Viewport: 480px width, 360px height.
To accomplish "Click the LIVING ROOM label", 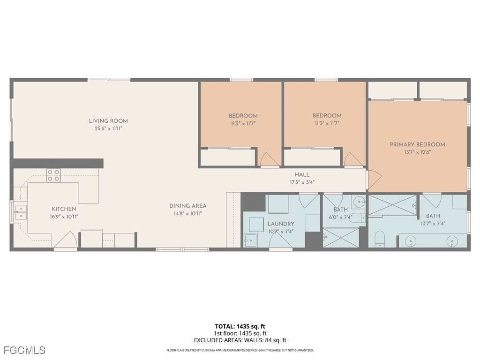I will click(x=108, y=121).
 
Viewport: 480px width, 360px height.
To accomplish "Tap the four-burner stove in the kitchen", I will click(x=53, y=175).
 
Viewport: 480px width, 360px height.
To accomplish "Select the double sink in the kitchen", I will click(x=20, y=212).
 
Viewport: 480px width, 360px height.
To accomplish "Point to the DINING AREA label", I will click(x=187, y=206).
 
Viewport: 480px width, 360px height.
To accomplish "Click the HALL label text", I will click(x=302, y=175).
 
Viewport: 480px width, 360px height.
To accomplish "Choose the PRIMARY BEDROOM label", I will click(x=417, y=144).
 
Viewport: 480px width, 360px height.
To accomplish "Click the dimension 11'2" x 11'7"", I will click(x=243, y=123).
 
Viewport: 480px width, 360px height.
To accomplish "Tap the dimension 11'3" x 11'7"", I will click(x=327, y=123).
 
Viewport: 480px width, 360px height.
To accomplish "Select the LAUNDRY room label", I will click(x=281, y=224).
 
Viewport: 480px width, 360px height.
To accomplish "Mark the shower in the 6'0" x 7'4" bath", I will click(x=340, y=238).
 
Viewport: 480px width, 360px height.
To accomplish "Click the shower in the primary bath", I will click(x=393, y=205).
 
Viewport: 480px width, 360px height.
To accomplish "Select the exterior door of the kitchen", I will click(x=65, y=240).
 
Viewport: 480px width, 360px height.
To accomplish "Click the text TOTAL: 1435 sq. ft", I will click(x=240, y=326).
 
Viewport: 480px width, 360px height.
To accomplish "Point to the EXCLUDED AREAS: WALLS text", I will click(x=240, y=340).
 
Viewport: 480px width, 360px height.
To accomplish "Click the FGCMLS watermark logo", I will click(x=24, y=350).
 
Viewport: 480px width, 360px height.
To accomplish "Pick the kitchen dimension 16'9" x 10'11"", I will click(x=64, y=217).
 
